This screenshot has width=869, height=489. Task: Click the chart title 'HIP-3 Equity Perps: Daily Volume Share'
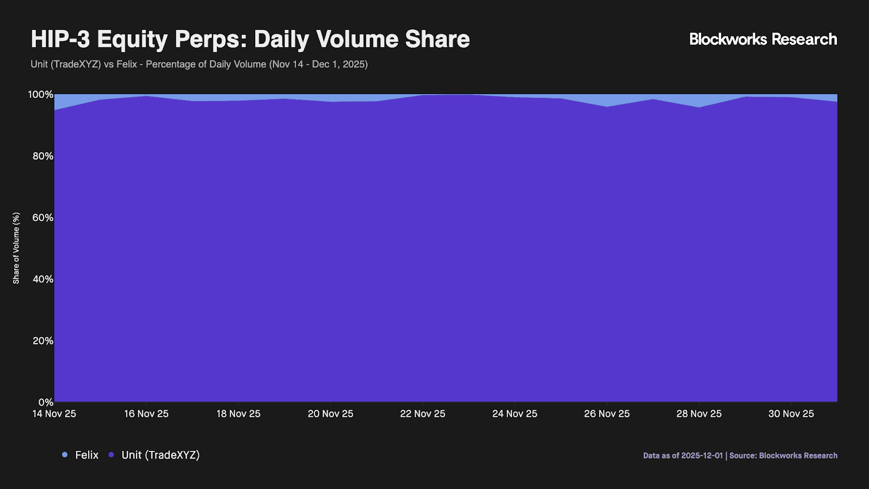[x=250, y=39]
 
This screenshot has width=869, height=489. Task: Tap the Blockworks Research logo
[x=763, y=39]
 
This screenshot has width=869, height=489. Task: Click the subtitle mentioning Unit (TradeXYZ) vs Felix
[x=199, y=64]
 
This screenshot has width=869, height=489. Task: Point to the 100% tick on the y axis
[x=41, y=95]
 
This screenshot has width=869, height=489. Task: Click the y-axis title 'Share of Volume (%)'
[x=16, y=248]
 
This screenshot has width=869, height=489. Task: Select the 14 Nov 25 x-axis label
[x=54, y=414]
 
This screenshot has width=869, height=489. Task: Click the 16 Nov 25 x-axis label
[x=146, y=414]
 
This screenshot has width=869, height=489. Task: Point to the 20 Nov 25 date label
[x=330, y=414]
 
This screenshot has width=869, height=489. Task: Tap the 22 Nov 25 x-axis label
[x=423, y=414]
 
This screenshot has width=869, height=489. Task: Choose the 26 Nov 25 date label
[x=607, y=414]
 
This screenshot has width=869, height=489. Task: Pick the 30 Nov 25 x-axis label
[x=791, y=414]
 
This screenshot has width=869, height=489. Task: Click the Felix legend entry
[x=81, y=455]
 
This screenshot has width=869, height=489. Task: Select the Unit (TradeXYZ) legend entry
[x=155, y=455]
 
